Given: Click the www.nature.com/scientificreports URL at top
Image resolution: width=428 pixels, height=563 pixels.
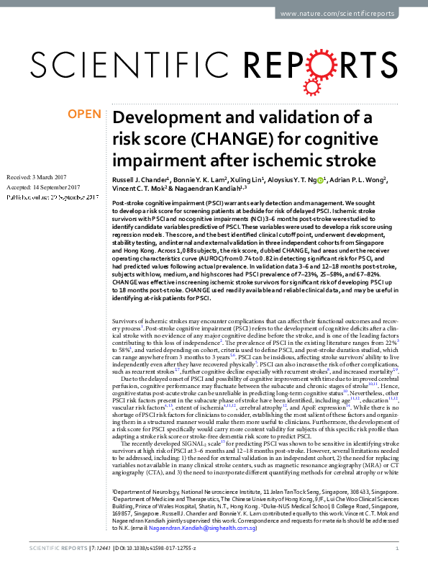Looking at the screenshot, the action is coord(347,14).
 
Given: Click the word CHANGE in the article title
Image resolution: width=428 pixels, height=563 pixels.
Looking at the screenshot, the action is coord(214,138).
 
